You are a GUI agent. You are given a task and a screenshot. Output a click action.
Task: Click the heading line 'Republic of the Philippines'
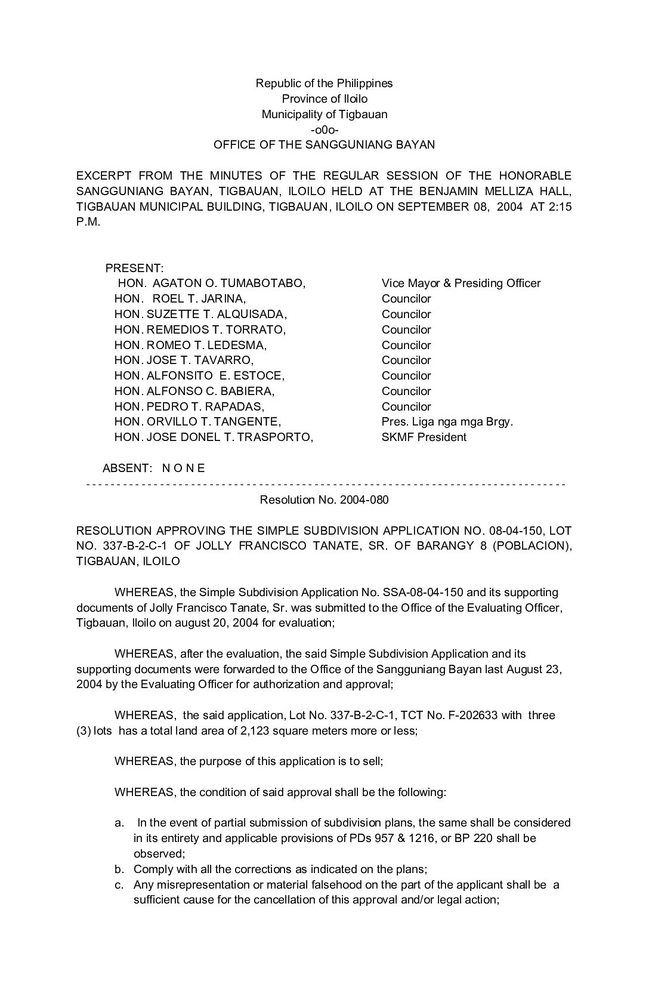click(x=324, y=83)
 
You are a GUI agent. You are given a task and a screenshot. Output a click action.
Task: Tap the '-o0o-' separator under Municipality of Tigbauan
click(x=324, y=129)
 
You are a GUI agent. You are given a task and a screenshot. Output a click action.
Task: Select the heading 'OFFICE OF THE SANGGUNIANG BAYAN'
click(x=324, y=144)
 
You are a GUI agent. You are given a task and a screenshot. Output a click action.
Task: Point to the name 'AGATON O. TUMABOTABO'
click(x=229, y=283)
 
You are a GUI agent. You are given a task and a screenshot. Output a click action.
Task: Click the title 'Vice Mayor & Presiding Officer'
click(x=461, y=283)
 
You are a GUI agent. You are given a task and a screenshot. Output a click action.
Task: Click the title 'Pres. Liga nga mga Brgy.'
click(x=447, y=422)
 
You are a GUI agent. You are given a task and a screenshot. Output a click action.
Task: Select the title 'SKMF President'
click(x=424, y=437)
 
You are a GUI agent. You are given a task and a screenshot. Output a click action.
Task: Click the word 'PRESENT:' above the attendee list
click(x=134, y=269)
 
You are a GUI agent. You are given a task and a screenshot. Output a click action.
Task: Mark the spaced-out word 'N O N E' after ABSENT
click(x=183, y=468)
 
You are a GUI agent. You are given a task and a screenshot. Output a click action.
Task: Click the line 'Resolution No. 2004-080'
click(x=324, y=499)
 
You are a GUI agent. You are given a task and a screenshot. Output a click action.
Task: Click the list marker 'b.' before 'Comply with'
click(x=119, y=869)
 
